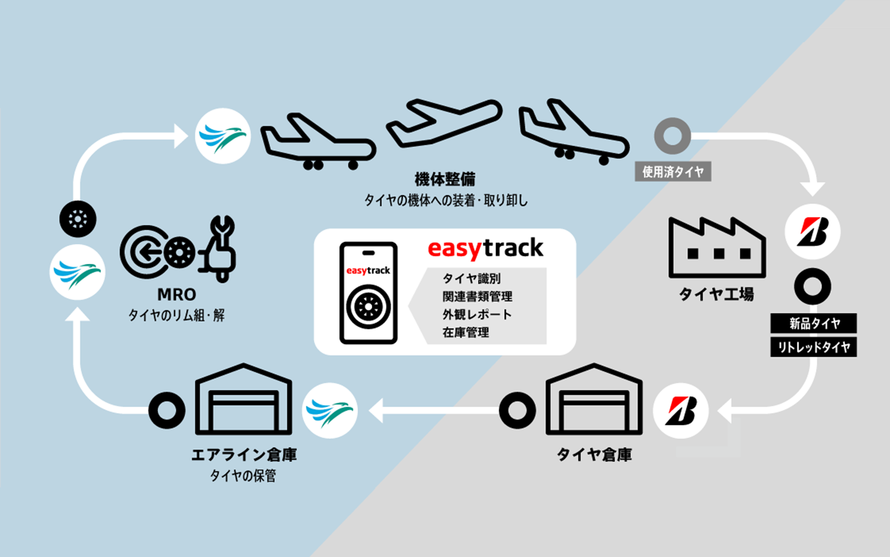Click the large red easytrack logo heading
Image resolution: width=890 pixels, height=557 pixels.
[485, 249]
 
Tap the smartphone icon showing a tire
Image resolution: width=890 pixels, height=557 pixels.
[368, 293]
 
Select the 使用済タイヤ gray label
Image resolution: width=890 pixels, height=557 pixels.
[673, 172]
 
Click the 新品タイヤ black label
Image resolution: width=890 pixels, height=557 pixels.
[814, 323]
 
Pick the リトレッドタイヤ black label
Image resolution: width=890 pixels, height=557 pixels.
[814, 347]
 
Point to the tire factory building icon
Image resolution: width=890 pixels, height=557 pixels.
[717, 250]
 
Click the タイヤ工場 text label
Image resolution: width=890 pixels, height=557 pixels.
[716, 294]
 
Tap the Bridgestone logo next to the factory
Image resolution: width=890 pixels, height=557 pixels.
[812, 231]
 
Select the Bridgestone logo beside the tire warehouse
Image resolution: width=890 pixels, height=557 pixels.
[680, 411]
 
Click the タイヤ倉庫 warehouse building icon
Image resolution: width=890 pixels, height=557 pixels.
[594, 401]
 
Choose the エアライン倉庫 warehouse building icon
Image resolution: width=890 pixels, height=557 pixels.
[243, 401]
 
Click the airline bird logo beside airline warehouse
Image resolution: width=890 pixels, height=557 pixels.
[330, 411]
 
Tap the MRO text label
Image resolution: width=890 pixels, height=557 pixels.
[177, 295]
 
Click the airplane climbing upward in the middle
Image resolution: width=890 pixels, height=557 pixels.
[444, 123]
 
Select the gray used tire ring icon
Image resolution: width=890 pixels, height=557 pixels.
[672, 136]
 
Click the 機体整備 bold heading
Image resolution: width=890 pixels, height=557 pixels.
[445, 179]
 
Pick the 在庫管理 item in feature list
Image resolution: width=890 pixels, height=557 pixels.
[465, 333]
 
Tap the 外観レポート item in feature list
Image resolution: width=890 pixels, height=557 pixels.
[477, 314]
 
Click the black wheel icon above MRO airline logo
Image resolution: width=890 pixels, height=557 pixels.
[78, 219]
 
